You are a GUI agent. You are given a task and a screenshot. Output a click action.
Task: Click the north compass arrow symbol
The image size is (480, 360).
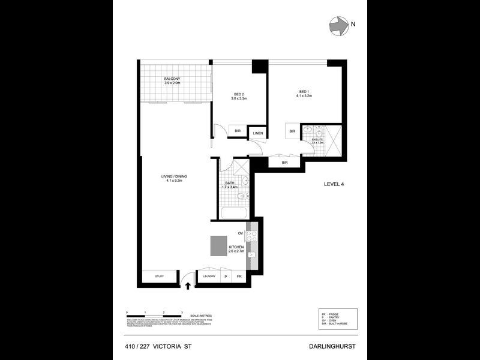click(339, 25)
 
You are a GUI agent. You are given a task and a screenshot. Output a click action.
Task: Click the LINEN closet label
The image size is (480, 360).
click(257, 133)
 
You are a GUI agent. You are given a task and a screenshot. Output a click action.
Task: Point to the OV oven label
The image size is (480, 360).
click(240, 233)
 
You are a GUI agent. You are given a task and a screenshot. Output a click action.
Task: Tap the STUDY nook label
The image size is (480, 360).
click(159, 277)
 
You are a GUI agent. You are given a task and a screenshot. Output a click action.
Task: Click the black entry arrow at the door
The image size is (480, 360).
click(190, 285)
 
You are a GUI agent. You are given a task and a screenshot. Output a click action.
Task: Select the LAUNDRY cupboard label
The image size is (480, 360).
click(209, 277)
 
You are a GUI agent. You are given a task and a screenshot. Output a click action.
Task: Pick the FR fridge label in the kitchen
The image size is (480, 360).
click(239, 277)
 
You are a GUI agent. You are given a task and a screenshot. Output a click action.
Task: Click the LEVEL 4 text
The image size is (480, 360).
click(333, 184)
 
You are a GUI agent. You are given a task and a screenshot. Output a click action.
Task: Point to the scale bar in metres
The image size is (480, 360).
click(155, 314)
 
